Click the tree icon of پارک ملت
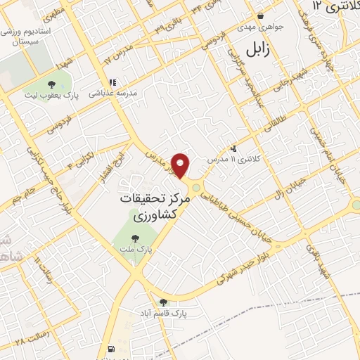point(134,238)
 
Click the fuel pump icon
point(112,349)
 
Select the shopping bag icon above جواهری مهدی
point(261,15)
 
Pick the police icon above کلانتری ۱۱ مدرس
point(233,148)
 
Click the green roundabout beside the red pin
point(196,186)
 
